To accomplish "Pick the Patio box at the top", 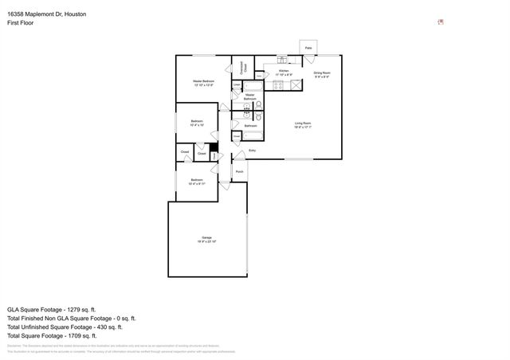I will tap(308, 48).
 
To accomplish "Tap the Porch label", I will tap(239, 171).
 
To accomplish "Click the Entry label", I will tap(252, 150).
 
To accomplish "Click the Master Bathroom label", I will tap(250, 96).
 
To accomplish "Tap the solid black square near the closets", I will tap(213, 148).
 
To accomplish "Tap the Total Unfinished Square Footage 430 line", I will tap(65, 327).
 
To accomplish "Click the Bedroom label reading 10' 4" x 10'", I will tap(197, 123).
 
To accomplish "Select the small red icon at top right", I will tap(441, 22).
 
